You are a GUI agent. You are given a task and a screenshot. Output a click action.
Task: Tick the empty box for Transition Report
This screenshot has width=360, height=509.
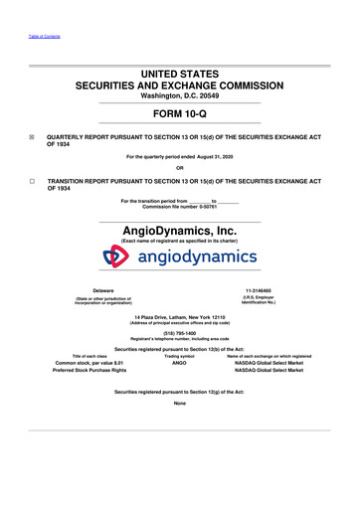[x=33, y=182]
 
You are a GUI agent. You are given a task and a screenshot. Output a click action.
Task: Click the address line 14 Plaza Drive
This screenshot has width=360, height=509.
[x=179, y=316]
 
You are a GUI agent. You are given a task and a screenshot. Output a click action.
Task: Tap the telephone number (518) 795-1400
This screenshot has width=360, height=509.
[x=179, y=333]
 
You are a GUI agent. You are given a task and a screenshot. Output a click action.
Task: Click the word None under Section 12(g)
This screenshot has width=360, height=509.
[x=179, y=403]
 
